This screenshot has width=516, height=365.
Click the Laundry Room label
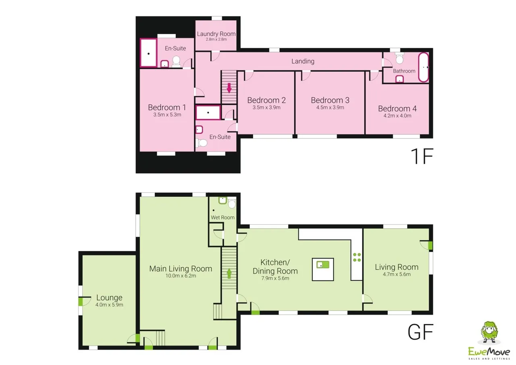(x=216, y=34)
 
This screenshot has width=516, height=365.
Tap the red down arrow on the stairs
(x=229, y=88)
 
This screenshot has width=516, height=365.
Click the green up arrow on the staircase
(x=229, y=273)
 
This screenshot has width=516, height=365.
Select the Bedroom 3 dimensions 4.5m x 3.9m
(x=330, y=107)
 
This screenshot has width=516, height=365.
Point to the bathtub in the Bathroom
(x=423, y=67)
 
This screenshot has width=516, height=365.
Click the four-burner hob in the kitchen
(x=357, y=257)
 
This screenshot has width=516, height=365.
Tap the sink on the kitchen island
(x=323, y=265)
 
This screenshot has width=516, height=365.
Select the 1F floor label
(x=422, y=156)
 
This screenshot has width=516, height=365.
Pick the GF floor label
(x=420, y=332)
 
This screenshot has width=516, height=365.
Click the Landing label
(x=303, y=61)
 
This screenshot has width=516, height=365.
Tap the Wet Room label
(x=223, y=217)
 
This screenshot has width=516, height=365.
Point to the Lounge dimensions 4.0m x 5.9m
(x=109, y=305)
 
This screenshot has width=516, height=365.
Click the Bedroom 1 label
(x=167, y=107)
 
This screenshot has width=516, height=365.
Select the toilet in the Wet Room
(x=232, y=203)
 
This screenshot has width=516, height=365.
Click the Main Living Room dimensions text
(x=181, y=276)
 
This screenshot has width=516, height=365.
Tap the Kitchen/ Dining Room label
(x=275, y=267)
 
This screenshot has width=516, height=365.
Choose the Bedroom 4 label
(x=397, y=108)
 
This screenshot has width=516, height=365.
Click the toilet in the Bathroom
(x=399, y=58)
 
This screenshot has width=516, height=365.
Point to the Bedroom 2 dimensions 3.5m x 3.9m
(x=266, y=107)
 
